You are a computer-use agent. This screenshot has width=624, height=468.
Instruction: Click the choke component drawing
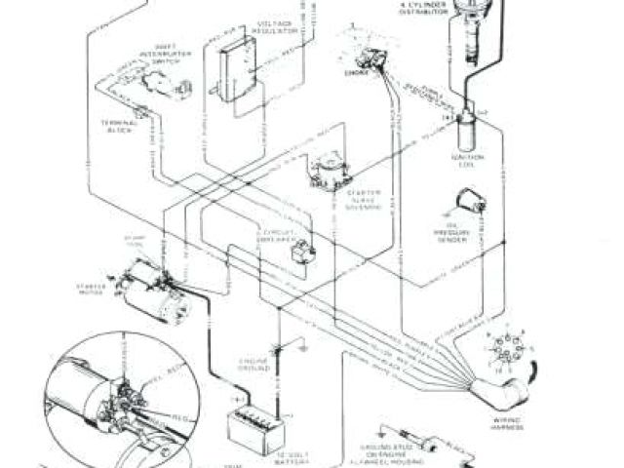(365, 53)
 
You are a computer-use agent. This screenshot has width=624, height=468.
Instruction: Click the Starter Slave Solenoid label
(342, 206)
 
